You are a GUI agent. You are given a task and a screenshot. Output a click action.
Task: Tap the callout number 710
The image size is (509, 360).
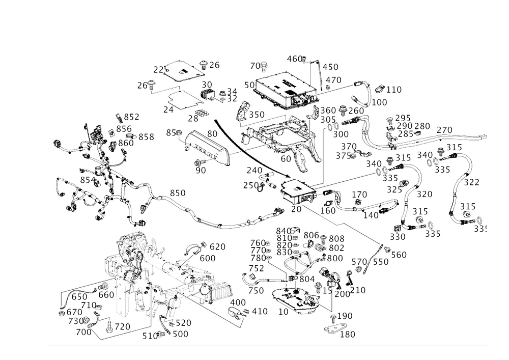click(359, 290)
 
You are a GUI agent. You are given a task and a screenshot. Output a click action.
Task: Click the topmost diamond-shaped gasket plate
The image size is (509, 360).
click(178, 71)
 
